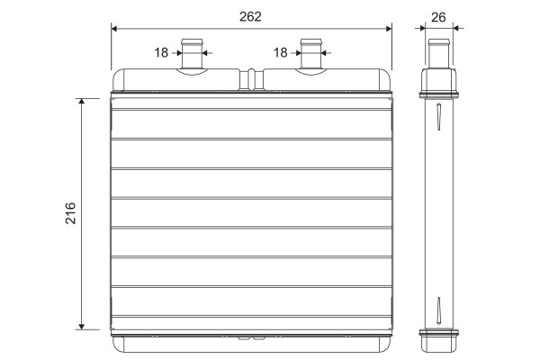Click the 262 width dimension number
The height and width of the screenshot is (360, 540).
tap(250, 16)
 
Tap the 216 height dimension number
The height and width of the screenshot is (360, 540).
tap(70, 213)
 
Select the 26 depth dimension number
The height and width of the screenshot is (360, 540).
tap(438, 17)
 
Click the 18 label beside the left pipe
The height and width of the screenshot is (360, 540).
tap(161, 53)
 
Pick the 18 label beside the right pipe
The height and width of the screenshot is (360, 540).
tap(280, 53)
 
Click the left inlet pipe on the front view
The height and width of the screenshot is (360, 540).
tap(193, 54)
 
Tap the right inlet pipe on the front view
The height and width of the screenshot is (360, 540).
tap(311, 54)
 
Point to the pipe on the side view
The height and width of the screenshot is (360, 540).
tap(439, 53)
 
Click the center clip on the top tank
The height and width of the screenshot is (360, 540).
tap(252, 79)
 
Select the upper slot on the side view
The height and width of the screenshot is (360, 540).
tap(438, 116)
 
